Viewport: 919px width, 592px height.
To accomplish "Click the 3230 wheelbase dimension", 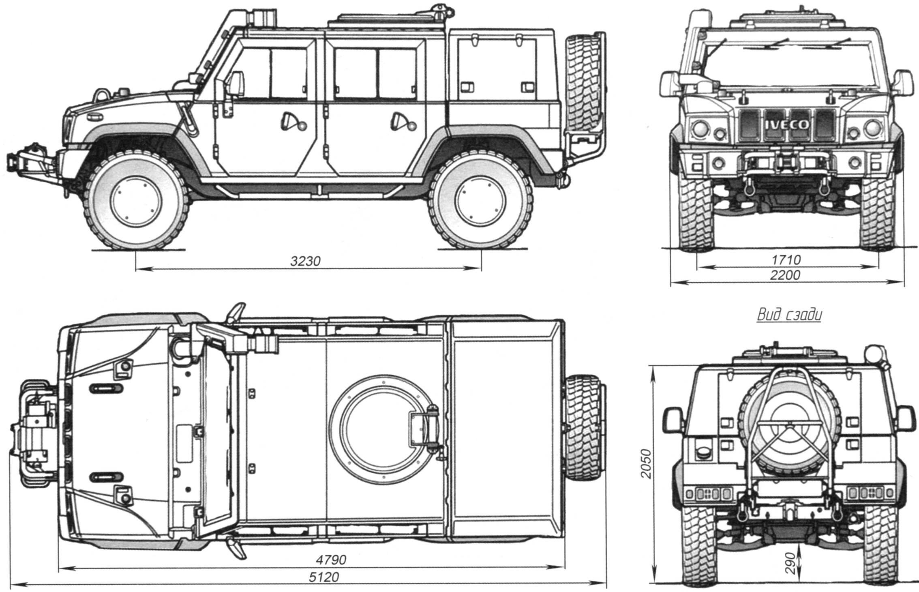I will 305,261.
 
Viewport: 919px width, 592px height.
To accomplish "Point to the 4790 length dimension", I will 331,560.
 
